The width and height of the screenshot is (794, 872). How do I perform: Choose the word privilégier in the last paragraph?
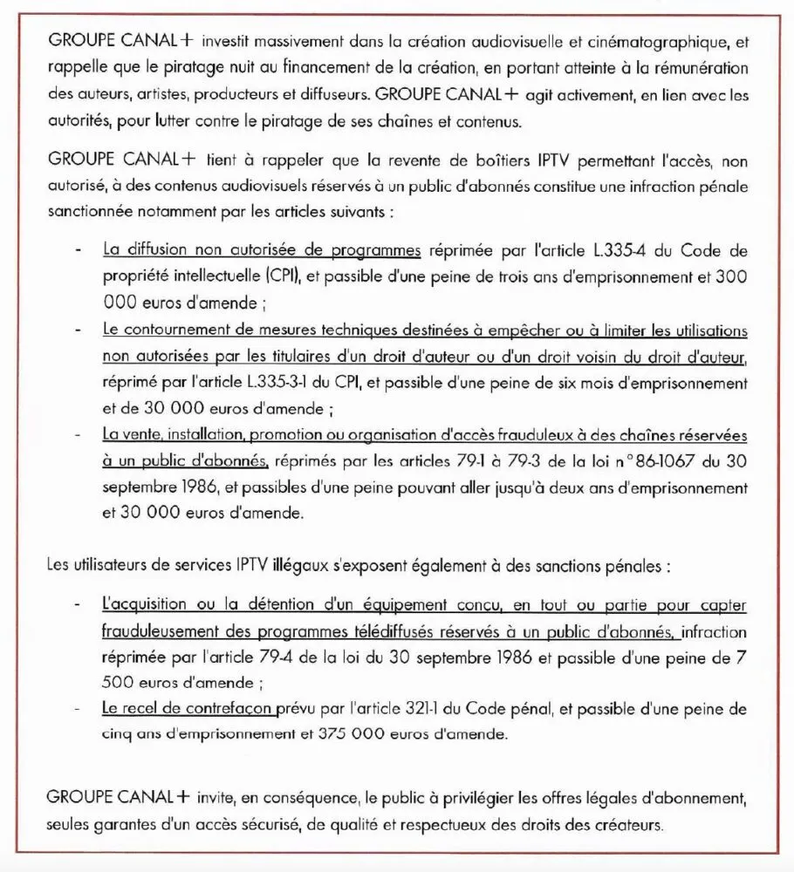click(422, 798)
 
